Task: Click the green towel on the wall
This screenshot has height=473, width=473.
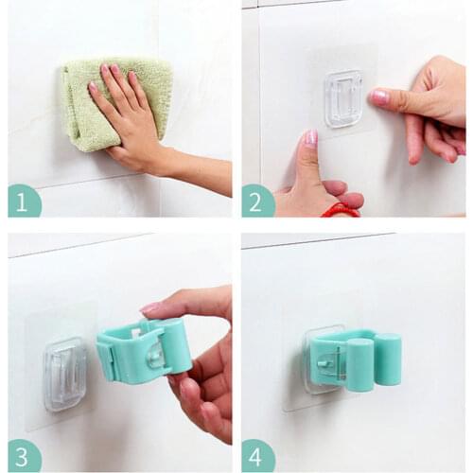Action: pyautogui.click(x=114, y=99)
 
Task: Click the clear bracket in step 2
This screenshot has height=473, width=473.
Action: pyautogui.click(x=343, y=98)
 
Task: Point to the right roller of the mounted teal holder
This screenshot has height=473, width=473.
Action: pyautogui.click(x=387, y=359)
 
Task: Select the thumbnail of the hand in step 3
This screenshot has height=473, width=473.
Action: pyautogui.click(x=149, y=307)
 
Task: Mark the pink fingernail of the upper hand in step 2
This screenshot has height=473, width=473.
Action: pyautogui.click(x=380, y=96)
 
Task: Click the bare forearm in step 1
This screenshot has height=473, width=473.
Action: pyautogui.click(x=203, y=175)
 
